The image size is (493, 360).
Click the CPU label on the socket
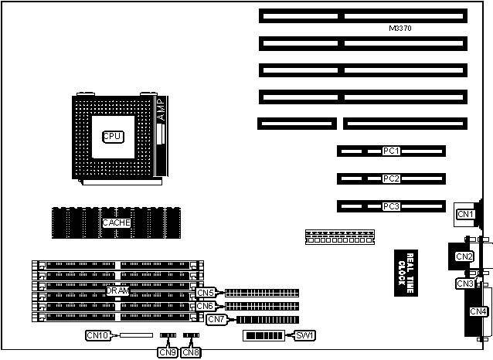[x=113, y=136]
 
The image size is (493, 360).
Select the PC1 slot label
[x=391, y=151]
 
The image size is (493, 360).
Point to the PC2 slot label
[x=391, y=178]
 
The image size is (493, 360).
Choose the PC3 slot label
[x=391, y=206]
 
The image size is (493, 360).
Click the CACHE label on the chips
[x=117, y=222]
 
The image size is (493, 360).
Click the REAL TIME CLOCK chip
[x=401, y=270]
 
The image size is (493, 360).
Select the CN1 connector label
[x=464, y=214]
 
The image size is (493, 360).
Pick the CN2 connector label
[x=464, y=256]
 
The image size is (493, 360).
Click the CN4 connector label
[x=478, y=311]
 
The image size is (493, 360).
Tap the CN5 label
[x=205, y=293]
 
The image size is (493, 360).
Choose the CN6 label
[x=205, y=306]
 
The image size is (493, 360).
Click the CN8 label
[x=191, y=352]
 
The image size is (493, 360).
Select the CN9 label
[x=167, y=352]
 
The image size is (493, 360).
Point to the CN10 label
[x=98, y=335]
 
